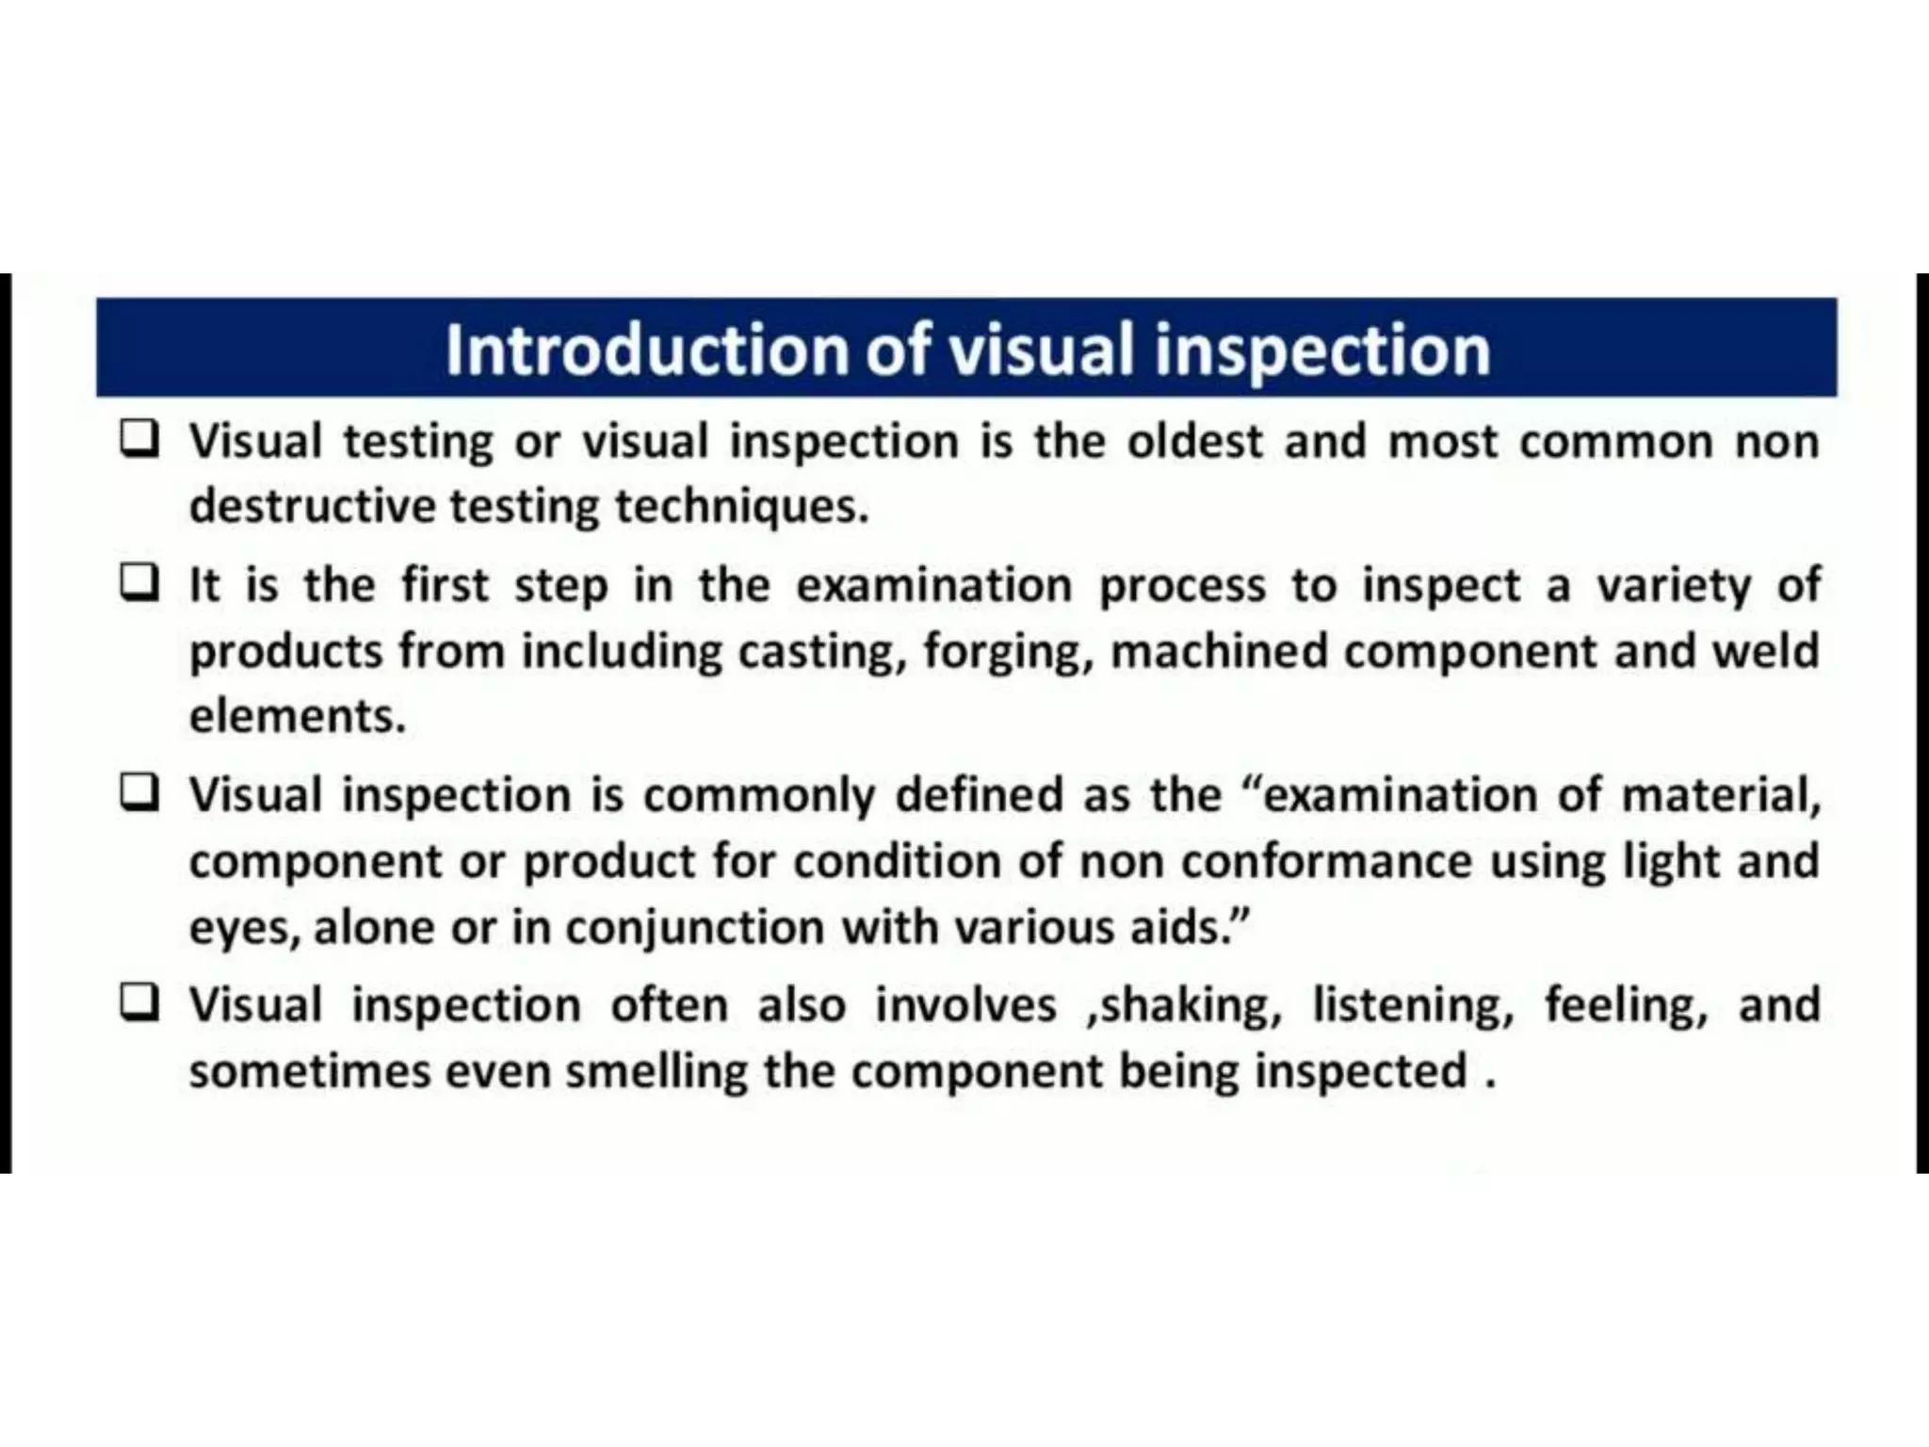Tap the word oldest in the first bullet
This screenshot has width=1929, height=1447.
[x=1195, y=442]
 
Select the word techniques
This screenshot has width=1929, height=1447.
[x=741, y=507]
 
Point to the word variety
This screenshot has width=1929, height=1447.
[x=1674, y=586]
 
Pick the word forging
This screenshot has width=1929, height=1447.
[x=1007, y=652]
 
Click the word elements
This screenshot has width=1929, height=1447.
[x=297, y=717]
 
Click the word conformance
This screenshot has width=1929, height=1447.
[x=1326, y=862]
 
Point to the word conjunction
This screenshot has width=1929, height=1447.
[x=695, y=928]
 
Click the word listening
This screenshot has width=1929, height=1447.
[x=1413, y=1005]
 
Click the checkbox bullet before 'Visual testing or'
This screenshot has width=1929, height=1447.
[x=139, y=438]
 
